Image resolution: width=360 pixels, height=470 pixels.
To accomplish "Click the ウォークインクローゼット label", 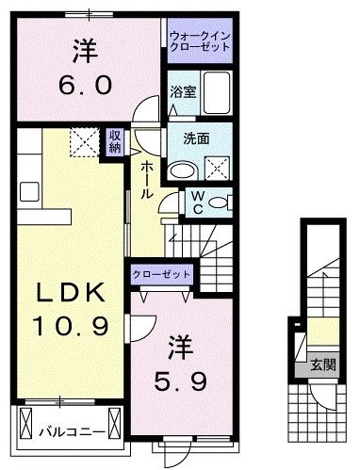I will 200,41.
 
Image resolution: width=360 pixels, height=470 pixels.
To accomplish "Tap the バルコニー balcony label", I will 66,432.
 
